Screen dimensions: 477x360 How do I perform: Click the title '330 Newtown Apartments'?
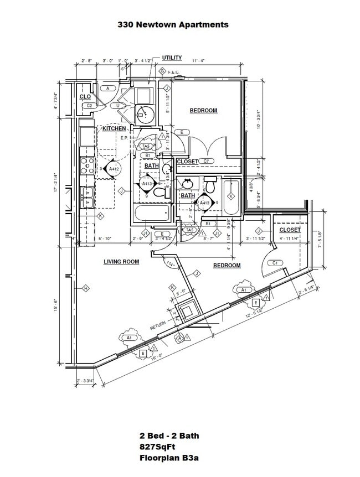point(173,24)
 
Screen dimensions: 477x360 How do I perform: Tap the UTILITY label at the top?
point(172,58)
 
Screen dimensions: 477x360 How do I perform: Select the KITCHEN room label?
point(114,128)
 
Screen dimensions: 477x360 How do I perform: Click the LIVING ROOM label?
point(121,262)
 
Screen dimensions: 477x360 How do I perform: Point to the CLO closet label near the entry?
point(85,96)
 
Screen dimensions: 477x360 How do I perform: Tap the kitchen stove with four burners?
point(88,165)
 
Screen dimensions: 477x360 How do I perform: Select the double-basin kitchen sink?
point(88,197)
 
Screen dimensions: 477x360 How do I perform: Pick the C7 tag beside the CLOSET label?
point(207,161)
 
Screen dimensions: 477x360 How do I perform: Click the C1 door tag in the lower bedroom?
point(274,263)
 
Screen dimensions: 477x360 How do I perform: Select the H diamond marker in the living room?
point(86,288)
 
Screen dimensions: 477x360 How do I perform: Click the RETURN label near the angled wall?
point(158,327)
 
